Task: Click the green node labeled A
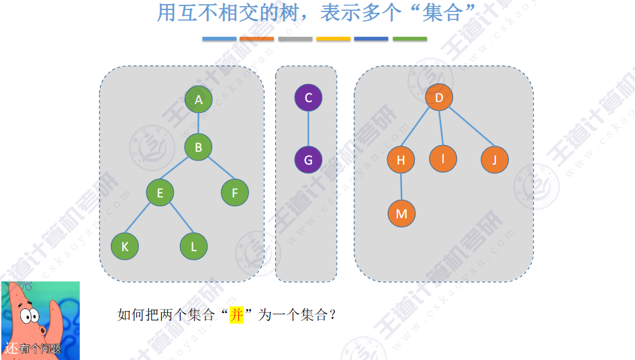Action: (x=199, y=100)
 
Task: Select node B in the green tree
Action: (x=199, y=146)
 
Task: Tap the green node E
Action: (x=160, y=193)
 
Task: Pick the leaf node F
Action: (x=235, y=193)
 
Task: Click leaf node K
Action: (x=125, y=246)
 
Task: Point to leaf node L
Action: (x=194, y=246)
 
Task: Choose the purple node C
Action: (x=308, y=98)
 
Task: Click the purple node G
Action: (x=308, y=160)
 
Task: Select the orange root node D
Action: (x=439, y=98)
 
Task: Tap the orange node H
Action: (x=401, y=160)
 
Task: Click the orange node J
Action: (x=495, y=160)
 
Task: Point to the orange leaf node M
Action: (x=401, y=214)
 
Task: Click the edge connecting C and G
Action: (x=308, y=129)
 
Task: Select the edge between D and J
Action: (x=468, y=130)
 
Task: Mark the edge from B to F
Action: (x=217, y=170)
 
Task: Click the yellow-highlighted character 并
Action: (x=236, y=314)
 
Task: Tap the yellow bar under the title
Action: (x=334, y=39)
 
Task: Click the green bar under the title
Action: (x=409, y=39)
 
